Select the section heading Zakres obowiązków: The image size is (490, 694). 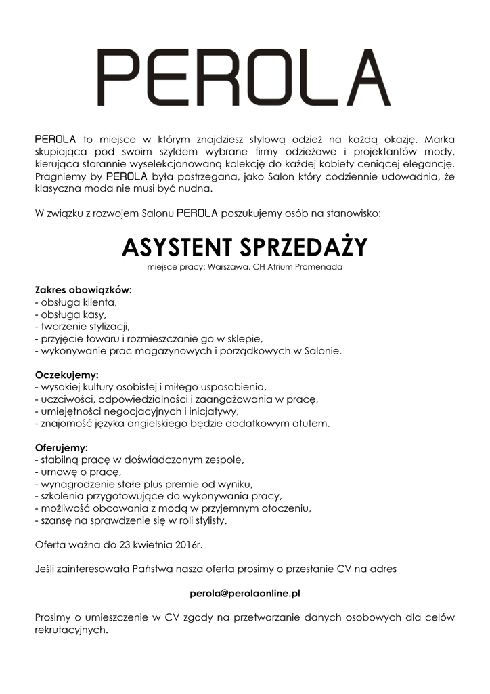tap(83, 290)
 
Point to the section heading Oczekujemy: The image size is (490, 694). tap(66, 374)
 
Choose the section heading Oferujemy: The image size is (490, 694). tap(62, 447)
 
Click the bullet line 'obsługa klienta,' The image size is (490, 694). tap(76, 302)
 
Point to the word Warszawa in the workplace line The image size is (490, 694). tap(228, 267)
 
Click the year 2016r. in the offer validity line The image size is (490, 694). tap(189, 544)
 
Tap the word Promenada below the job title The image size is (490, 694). tap(319, 267)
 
